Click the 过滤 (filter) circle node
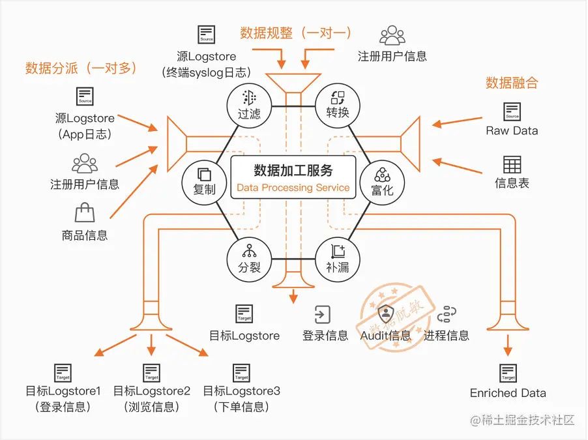pyautogui.click(x=249, y=104)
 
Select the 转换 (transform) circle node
pyautogui.click(x=338, y=104)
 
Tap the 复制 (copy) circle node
pyautogui.click(x=205, y=181)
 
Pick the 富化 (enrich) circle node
pyautogui.click(x=383, y=181)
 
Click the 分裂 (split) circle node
pyautogui.click(x=250, y=258)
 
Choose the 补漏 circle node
pyautogui.click(x=338, y=258)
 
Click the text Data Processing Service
pyautogui.click(x=293, y=188)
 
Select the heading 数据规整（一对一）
pyautogui.click(x=295, y=33)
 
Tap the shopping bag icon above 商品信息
pyautogui.click(x=84, y=213)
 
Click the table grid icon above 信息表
pyautogui.click(x=512, y=164)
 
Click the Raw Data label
pyautogui.click(x=512, y=130)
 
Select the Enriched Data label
pyautogui.click(x=508, y=393)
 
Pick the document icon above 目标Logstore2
pyautogui.click(x=152, y=373)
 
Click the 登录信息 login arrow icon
pyautogui.click(x=323, y=314)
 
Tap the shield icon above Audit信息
pyautogui.click(x=386, y=314)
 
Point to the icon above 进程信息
pyautogui.click(x=447, y=314)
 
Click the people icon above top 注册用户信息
pyautogui.click(x=392, y=34)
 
